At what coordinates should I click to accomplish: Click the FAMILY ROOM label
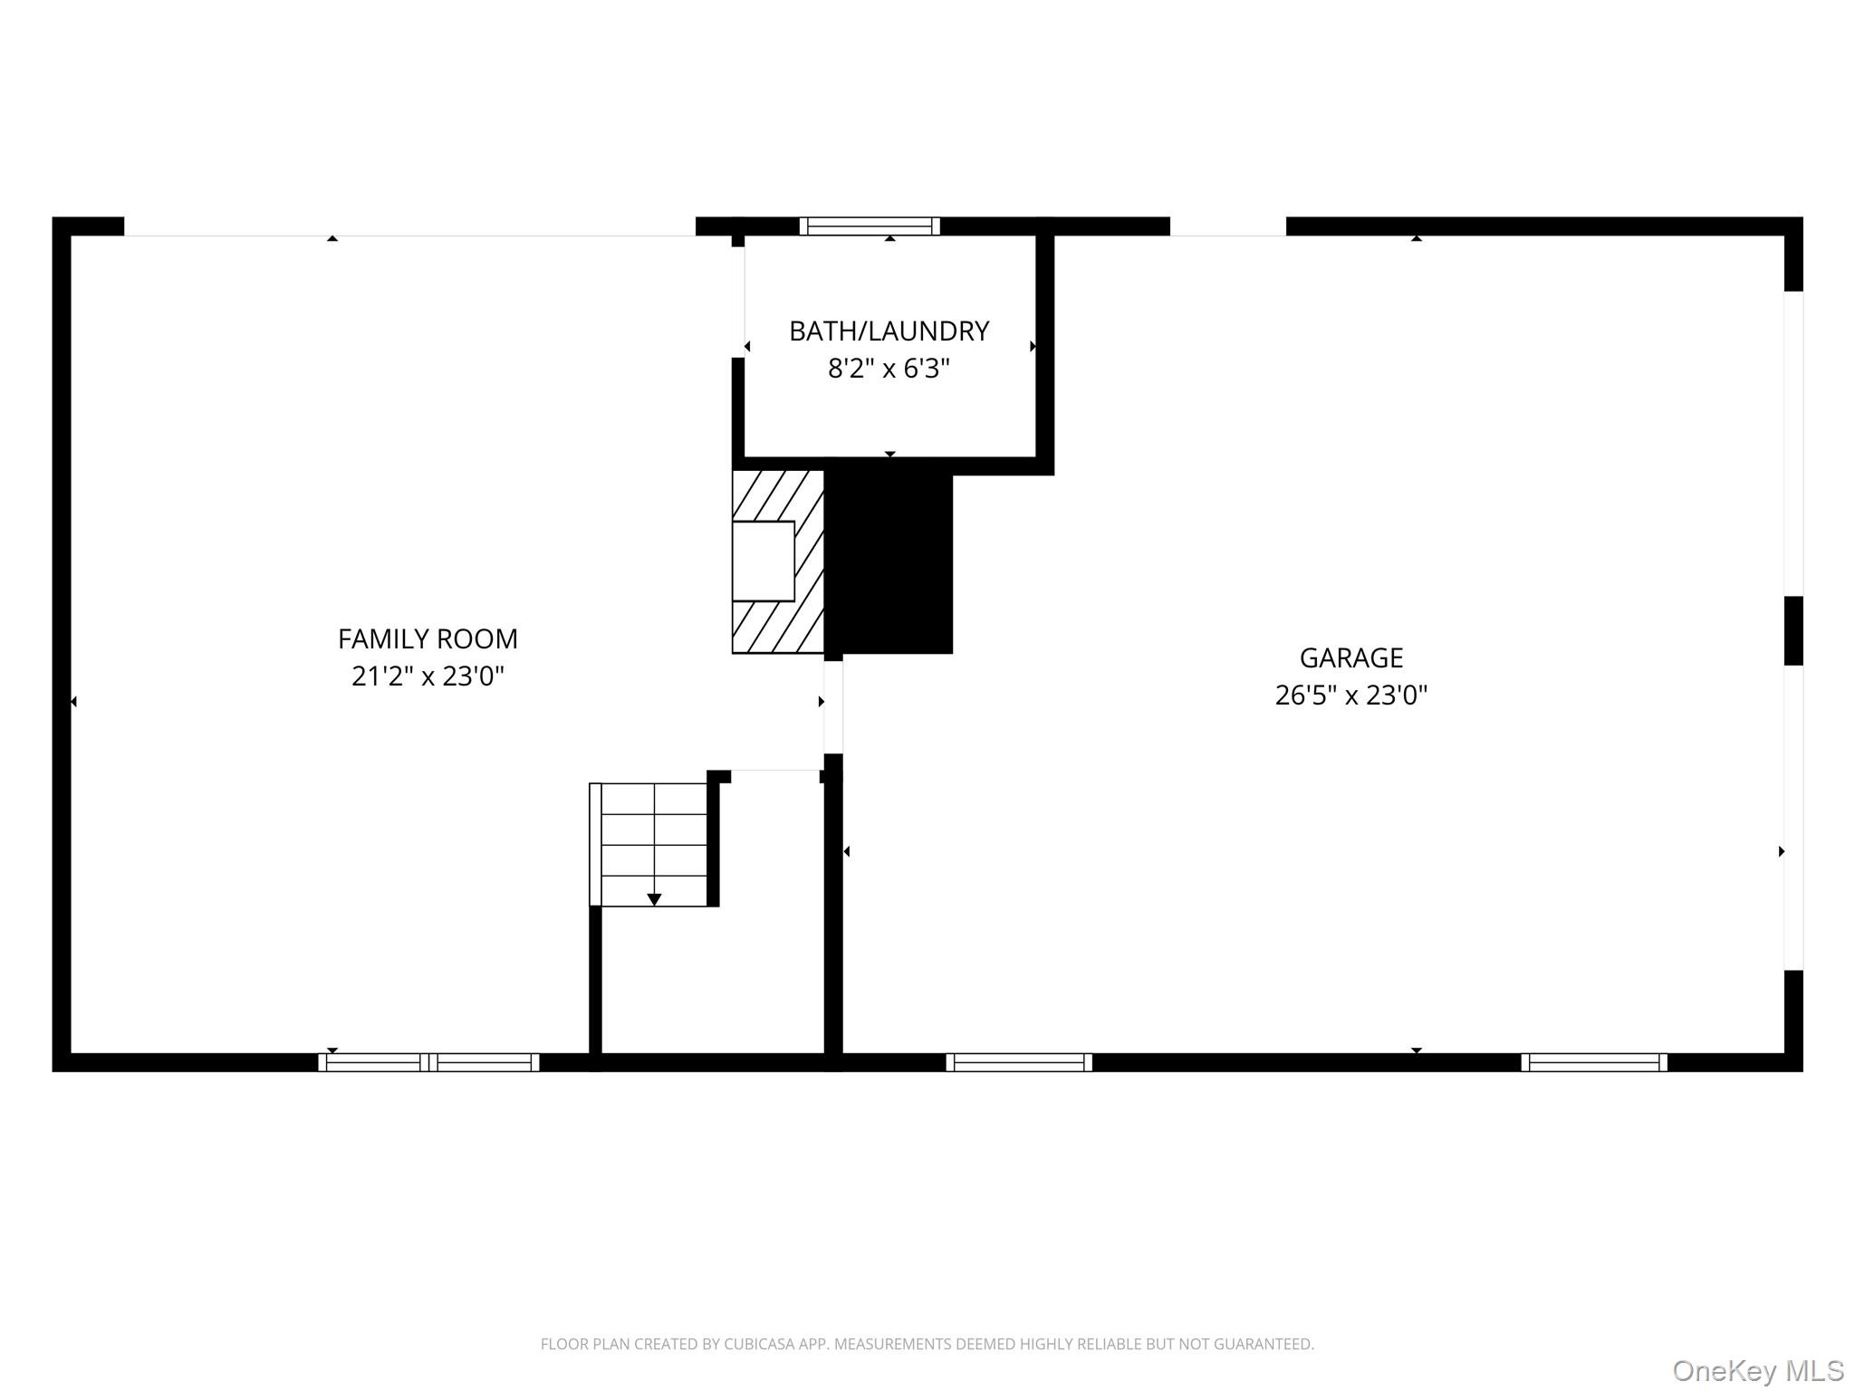coord(428,639)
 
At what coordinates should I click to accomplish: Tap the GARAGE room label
coord(1350,657)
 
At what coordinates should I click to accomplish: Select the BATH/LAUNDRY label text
coord(889,331)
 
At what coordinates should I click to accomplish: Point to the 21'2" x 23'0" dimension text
coord(428,676)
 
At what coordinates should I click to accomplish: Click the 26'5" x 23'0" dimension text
coord(1350,695)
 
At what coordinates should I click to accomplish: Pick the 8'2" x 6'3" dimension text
coord(889,369)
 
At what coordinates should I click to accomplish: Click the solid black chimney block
coord(889,561)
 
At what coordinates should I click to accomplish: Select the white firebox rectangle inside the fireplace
coord(763,561)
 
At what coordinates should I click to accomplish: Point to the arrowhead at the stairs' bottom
coord(654,899)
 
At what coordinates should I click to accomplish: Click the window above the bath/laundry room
coord(870,226)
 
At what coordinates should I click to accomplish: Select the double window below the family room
coord(428,1062)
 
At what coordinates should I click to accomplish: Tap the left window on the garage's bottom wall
coord(1019,1062)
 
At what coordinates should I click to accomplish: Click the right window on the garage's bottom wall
coord(1594,1062)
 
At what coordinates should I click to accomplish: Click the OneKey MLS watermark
coord(1758,1370)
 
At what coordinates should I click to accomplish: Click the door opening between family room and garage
coord(833,707)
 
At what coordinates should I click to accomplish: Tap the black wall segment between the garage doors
coord(1793,630)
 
